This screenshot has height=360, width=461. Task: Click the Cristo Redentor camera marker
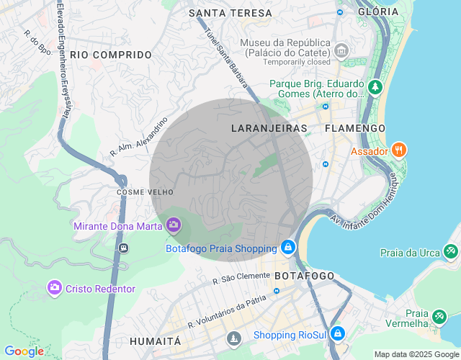54,288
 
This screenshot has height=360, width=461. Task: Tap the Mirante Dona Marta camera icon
173,226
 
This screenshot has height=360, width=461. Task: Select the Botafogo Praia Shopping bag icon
287,248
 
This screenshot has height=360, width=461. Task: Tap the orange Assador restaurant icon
399,150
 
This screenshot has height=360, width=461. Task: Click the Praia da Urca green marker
450,252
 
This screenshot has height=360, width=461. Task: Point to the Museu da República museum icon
341,50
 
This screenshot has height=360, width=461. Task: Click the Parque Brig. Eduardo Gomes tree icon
375,88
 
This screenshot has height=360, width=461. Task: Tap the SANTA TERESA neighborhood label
230,13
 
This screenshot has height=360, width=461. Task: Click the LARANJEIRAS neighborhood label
269,128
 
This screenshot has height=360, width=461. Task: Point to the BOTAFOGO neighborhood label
305,276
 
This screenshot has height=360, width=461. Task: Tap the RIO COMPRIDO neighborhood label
111,55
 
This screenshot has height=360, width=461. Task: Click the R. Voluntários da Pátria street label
222,313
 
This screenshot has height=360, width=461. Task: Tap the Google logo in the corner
24,351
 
